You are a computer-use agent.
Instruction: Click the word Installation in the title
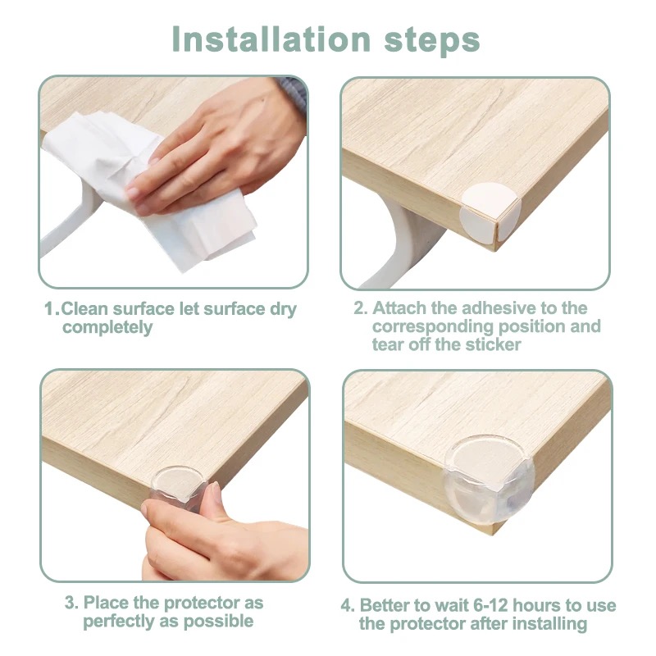click(x=271, y=39)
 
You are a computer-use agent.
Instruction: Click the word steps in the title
click(x=432, y=41)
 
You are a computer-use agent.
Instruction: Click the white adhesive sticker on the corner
click(x=490, y=212)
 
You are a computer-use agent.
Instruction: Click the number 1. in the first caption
click(x=52, y=309)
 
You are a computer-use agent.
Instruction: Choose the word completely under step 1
click(x=107, y=327)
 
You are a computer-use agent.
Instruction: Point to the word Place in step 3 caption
click(x=107, y=603)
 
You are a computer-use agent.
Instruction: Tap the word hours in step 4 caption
click(x=537, y=605)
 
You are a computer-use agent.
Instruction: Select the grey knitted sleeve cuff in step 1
click(x=293, y=94)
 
